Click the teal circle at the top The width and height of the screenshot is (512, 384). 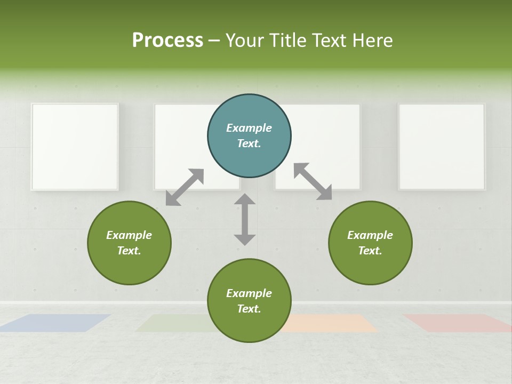[x=249, y=136]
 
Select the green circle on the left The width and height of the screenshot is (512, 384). [x=129, y=243]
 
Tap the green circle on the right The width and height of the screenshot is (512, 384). [x=370, y=243]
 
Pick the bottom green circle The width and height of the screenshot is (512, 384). [x=249, y=300]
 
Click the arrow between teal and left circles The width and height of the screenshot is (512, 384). [x=185, y=187]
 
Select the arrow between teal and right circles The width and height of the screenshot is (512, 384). [x=313, y=181]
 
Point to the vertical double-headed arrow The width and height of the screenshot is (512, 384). [x=245, y=219]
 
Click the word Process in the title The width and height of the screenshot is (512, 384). [x=167, y=40]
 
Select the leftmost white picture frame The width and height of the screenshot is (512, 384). [x=75, y=147]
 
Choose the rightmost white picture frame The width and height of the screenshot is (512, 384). [x=442, y=147]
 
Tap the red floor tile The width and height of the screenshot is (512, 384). [x=457, y=323]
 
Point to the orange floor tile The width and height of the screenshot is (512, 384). [x=331, y=323]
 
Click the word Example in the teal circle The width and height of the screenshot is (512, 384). [x=249, y=128]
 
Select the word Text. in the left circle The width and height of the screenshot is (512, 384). [x=129, y=251]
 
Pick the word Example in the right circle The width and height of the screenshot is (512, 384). [x=370, y=235]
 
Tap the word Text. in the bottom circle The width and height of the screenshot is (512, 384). [x=249, y=309]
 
